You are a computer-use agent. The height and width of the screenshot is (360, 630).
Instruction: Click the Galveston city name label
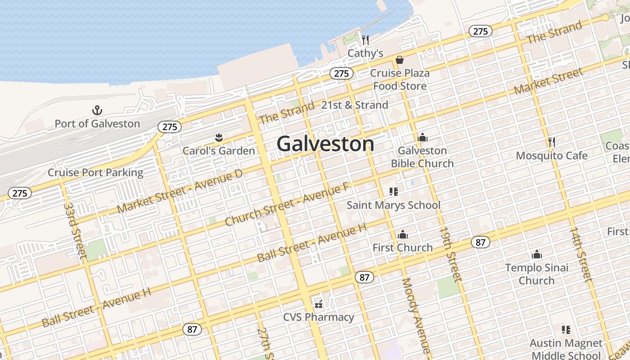tap(325, 144)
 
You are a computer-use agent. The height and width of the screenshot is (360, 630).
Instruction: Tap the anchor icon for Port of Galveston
tap(97, 110)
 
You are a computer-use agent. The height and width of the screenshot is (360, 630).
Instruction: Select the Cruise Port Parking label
tap(95, 172)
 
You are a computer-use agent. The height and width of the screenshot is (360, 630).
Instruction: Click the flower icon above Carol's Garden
tap(219, 137)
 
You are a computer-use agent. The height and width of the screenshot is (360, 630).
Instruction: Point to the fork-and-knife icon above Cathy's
tap(365, 40)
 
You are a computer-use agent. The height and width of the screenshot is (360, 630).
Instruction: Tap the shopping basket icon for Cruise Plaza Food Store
tap(400, 60)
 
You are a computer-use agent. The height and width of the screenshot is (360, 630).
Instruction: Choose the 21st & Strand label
tap(355, 105)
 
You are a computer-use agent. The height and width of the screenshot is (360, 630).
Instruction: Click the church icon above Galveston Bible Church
tap(422, 137)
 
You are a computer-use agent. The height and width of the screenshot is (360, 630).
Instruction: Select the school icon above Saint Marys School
tap(394, 192)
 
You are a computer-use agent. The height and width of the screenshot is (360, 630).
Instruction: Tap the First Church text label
tap(402, 247)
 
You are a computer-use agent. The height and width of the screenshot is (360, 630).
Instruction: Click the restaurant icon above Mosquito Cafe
tap(552, 143)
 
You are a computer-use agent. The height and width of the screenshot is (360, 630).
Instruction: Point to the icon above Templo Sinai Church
tap(536, 255)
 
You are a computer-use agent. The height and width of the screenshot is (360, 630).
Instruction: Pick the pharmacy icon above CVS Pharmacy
tap(319, 304)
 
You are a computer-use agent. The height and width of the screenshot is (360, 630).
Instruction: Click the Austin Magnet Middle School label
tap(566, 349)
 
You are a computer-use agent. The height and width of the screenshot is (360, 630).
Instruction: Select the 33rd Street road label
tap(75, 230)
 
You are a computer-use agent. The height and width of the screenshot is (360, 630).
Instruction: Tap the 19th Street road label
tap(450, 254)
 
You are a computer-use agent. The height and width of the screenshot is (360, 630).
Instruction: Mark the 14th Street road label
tap(581, 254)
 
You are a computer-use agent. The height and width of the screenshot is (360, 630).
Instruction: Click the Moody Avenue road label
tap(417, 315)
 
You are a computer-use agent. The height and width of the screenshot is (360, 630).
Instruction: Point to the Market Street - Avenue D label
tap(180, 192)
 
